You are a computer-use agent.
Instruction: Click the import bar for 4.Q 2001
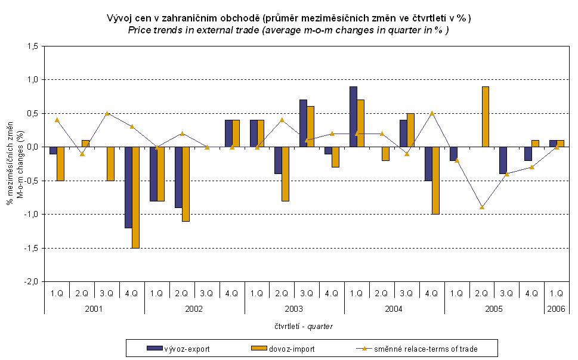click(x=136, y=197)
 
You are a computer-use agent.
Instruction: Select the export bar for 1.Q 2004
click(x=353, y=117)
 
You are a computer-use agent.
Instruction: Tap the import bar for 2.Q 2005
click(x=486, y=117)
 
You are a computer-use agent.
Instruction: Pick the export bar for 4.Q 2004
click(x=428, y=163)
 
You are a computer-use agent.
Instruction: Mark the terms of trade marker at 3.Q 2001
click(x=107, y=113)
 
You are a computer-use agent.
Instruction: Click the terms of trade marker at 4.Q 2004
click(x=431, y=113)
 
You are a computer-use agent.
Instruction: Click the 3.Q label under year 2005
click(x=506, y=293)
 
